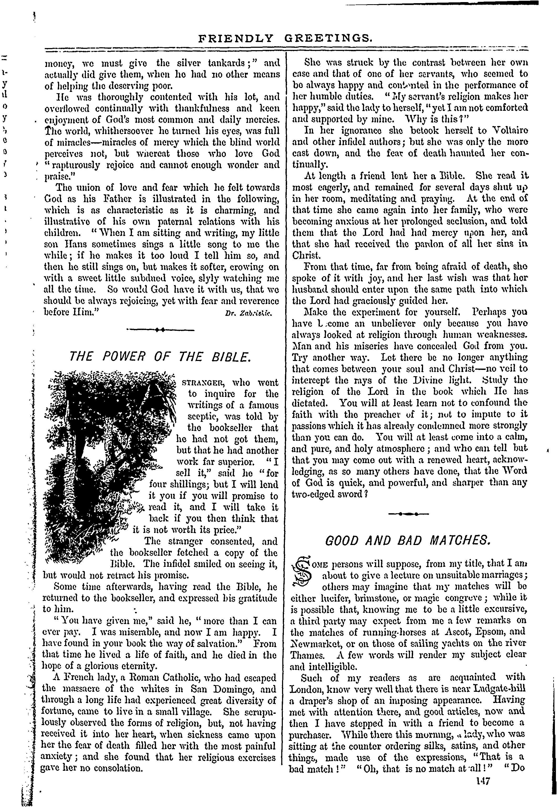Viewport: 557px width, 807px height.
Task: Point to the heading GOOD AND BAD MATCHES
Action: click(408, 541)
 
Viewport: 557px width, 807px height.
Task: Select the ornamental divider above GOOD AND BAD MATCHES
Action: click(408, 514)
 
